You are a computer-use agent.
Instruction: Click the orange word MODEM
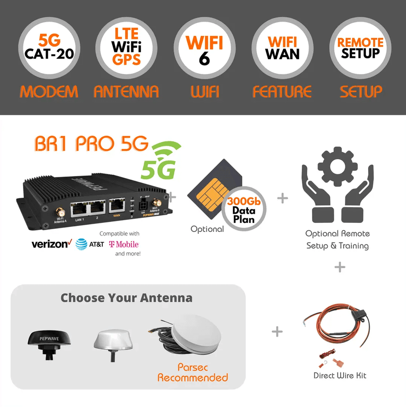[49, 92]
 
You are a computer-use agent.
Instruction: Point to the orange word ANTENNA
[126, 92]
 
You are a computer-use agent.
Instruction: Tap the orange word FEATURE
[282, 92]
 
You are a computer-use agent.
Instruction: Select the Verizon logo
[51, 244]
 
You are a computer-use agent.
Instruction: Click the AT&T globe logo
[81, 244]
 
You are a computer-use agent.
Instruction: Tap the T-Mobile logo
[124, 244]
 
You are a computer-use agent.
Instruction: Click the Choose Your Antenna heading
[126, 298]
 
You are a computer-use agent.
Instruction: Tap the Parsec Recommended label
[193, 372]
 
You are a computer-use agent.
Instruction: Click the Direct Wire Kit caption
[339, 375]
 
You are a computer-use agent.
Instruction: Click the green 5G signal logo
[160, 160]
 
